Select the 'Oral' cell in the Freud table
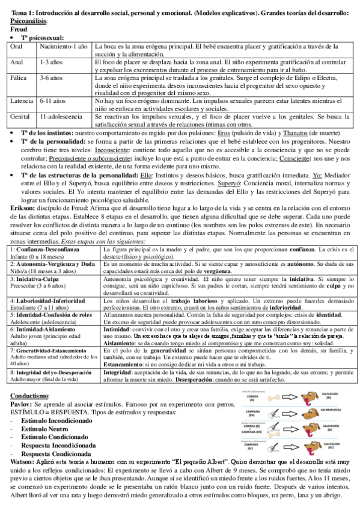tap(17, 46)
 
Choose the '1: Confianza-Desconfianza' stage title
tap(45, 248)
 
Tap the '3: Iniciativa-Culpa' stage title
tap(36, 279)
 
